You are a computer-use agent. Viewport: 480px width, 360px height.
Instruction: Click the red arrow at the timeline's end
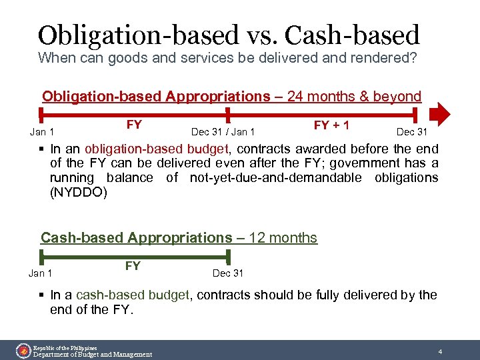440,114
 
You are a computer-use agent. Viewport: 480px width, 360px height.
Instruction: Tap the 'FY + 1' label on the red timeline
332,125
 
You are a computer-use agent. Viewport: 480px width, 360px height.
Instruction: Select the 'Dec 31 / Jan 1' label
223,132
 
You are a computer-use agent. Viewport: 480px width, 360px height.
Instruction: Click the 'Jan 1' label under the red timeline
42,132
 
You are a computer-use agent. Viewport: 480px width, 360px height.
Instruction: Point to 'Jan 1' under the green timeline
41,273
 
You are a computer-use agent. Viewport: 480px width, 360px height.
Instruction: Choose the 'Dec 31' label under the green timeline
228,273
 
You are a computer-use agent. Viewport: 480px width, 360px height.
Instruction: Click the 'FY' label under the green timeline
133,266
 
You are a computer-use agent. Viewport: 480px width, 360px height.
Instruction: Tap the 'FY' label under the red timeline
134,125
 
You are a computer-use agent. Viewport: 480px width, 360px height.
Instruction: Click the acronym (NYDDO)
78,192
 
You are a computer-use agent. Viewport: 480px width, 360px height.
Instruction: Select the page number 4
440,351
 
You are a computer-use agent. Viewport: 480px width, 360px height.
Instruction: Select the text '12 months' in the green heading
283,238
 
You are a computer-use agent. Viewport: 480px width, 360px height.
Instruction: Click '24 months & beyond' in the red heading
354,97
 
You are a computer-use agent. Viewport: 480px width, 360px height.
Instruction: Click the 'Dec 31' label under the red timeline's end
412,132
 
